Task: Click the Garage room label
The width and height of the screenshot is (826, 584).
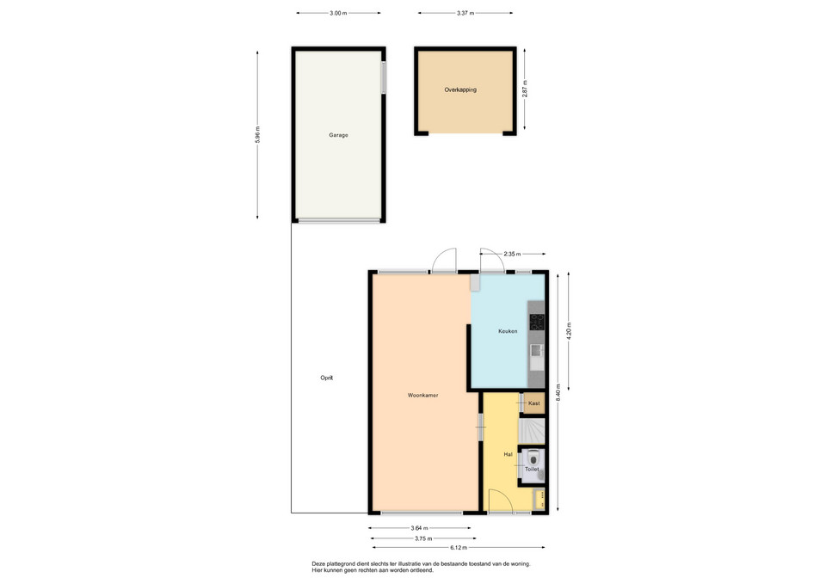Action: coord(338,135)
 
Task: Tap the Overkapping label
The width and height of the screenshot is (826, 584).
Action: coord(460,90)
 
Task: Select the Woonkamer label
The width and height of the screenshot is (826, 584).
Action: coord(423,396)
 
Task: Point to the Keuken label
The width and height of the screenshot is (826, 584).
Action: coord(508,331)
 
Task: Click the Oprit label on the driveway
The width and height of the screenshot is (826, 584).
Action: coord(327,378)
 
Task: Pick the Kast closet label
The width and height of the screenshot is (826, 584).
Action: coord(534,403)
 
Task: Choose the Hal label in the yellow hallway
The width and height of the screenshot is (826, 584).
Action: coord(508,454)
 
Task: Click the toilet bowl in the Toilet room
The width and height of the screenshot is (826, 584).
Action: coord(533,456)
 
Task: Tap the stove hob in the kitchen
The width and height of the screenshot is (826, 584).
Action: coord(537,322)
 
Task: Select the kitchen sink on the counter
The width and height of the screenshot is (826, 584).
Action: coord(537,350)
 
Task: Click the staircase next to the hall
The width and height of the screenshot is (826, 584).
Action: coord(532,431)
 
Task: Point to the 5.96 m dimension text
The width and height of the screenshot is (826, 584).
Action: coord(257,135)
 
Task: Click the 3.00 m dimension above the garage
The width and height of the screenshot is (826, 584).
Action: coord(338,13)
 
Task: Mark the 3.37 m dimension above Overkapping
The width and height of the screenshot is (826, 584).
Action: coord(465,13)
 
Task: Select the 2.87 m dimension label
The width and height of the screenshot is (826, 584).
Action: coord(525,89)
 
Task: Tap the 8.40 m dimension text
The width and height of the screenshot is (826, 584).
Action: coord(558,392)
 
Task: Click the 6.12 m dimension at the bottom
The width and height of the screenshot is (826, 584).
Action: coord(459,548)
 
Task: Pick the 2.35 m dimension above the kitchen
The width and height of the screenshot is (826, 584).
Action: coord(512,254)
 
